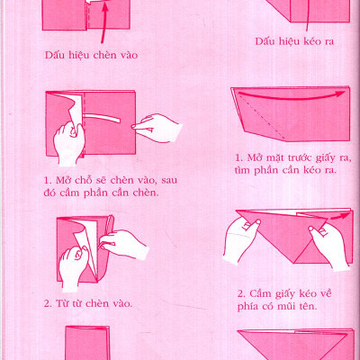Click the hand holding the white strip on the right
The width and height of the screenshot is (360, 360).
(159, 125)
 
